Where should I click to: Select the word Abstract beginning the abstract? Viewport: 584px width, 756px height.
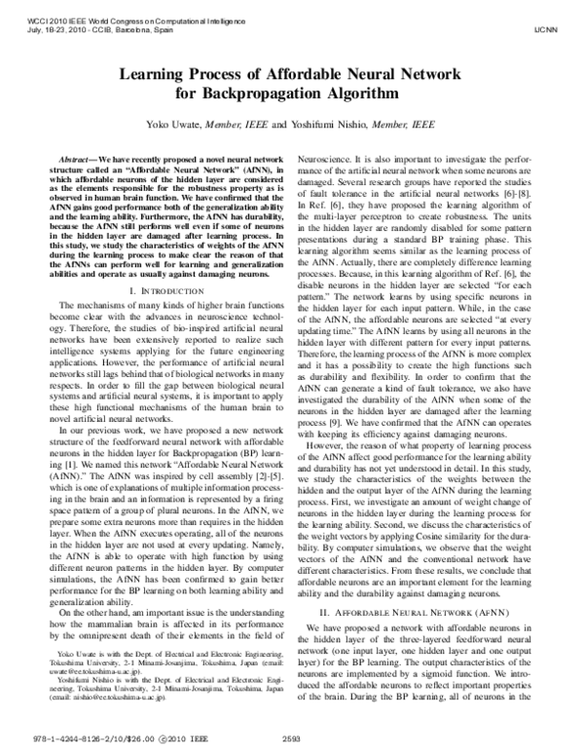tap(76, 157)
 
